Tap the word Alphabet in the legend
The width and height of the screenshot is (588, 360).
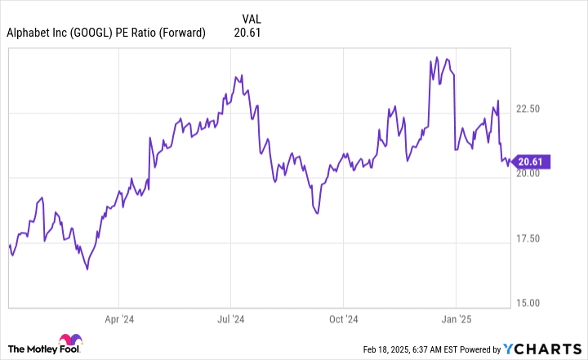30,33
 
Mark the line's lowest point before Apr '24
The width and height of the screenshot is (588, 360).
87,269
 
